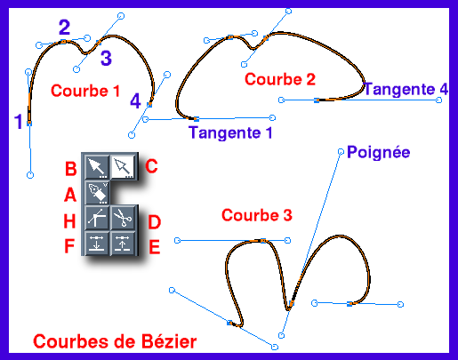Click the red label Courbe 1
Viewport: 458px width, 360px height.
coord(85,91)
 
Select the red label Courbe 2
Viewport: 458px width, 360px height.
coord(280,79)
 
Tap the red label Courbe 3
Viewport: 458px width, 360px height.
coord(257,215)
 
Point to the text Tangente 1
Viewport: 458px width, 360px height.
coord(230,132)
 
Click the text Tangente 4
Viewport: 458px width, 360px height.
coord(406,89)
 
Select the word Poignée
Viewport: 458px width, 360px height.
coord(379,152)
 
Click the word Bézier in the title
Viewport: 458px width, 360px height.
coord(168,341)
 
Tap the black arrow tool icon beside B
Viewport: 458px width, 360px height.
coord(97,167)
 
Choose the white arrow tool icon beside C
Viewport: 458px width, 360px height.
coord(123,167)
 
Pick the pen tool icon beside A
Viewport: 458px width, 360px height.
coord(97,193)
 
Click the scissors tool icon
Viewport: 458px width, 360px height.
coord(123,218)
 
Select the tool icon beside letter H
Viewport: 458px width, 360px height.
coord(97,218)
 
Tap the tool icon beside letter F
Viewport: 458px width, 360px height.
coord(97,243)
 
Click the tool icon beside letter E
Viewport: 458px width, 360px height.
coord(123,243)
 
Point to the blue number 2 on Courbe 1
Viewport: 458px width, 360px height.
coord(64,28)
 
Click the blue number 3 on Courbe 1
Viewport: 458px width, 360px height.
coord(106,58)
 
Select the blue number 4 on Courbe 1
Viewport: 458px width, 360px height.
coord(135,100)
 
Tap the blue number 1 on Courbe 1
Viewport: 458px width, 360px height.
coord(19,121)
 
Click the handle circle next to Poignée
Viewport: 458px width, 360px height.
coord(341,152)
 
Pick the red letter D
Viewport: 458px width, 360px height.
coord(155,222)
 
